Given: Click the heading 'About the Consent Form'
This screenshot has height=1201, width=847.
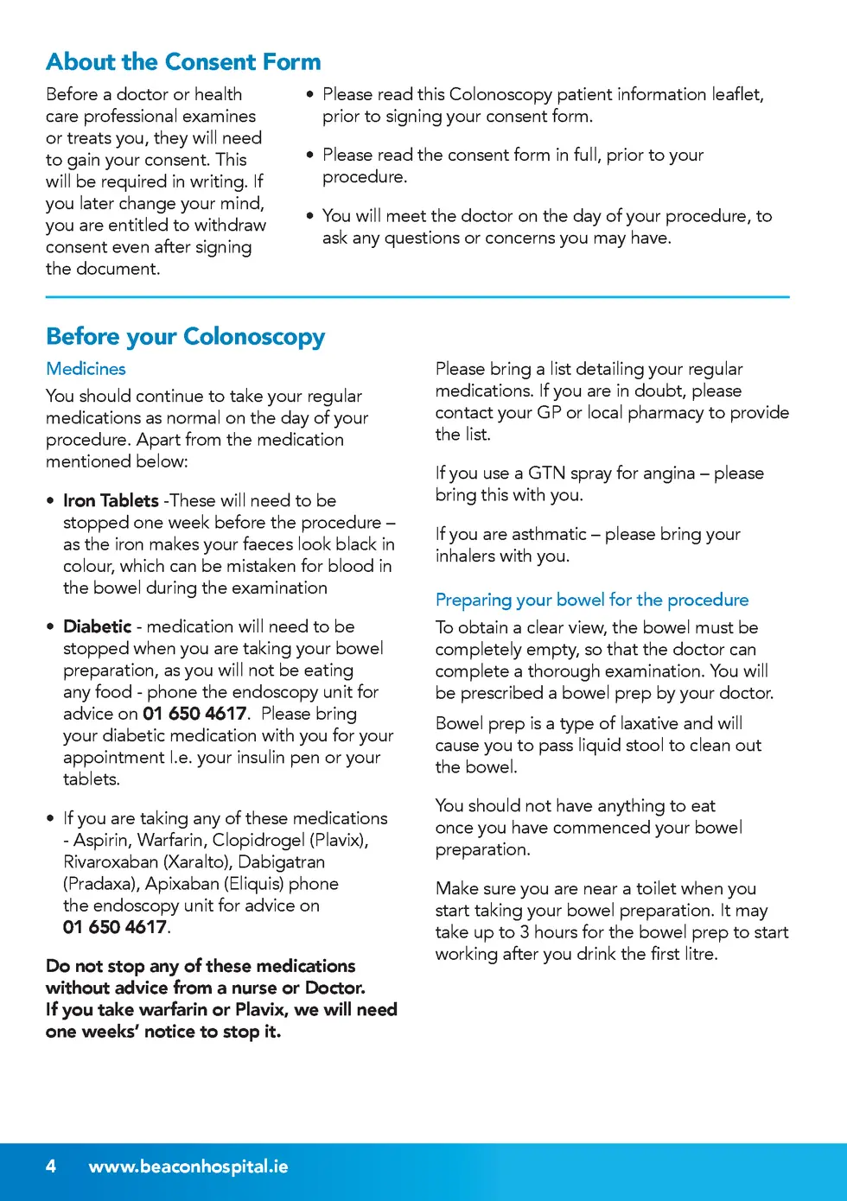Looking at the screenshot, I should coord(183,62).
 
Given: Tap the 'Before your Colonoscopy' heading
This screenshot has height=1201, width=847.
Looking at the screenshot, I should coord(185,336).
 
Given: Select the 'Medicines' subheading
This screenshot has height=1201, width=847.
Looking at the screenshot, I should coord(86,369).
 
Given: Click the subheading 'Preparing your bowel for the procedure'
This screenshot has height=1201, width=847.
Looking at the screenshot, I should coord(592,600).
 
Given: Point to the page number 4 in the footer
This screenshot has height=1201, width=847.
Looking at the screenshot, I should coord(51,1166).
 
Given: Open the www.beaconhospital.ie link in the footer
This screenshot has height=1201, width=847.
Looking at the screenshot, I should coord(188,1166).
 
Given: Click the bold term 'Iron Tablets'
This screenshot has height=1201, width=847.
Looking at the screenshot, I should coord(111,501).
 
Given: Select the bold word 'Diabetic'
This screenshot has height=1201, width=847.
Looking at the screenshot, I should coord(97,626).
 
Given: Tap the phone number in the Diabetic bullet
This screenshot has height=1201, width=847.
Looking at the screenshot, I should coord(194,714).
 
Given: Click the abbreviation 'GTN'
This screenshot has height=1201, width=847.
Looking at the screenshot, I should coord(546,473).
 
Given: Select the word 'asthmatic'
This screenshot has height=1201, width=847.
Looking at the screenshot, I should coord(549,535).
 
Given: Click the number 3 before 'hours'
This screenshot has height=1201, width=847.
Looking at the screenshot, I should coord(524,932).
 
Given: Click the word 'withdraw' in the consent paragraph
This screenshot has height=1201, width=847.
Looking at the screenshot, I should coord(230,226).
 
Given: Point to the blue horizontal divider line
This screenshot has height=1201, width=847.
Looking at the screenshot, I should coord(417,297).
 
